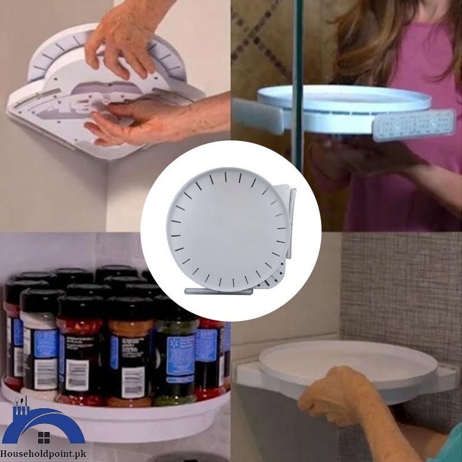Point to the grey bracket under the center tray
tap(214, 292)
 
